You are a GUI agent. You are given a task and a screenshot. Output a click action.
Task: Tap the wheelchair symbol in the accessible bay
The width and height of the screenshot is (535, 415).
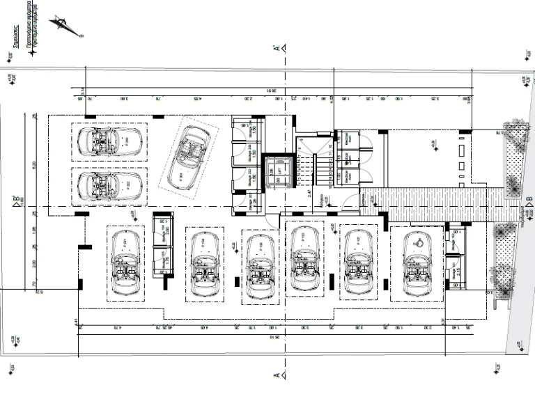(x=419, y=243)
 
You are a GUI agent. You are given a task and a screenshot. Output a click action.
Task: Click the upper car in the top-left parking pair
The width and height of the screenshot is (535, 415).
(x=110, y=141)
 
